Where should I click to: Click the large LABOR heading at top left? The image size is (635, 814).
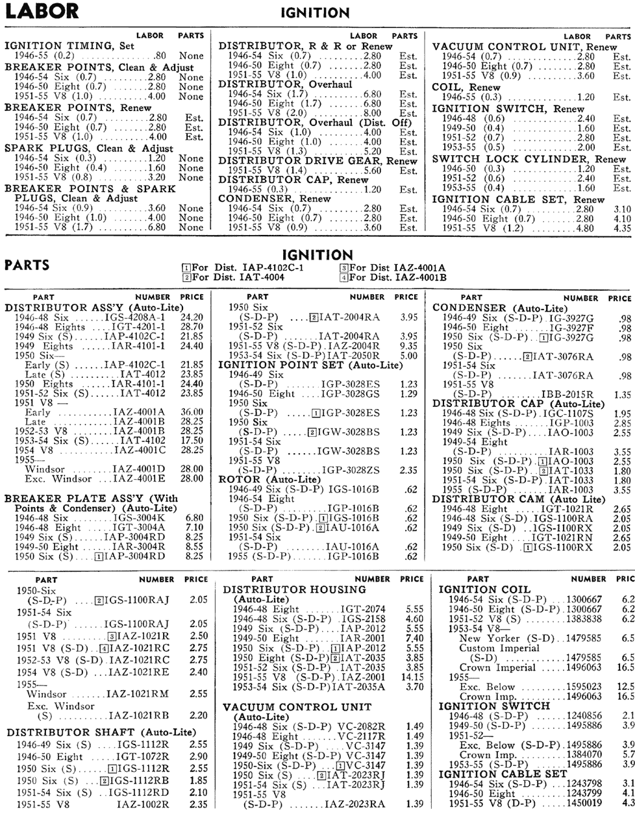coord(42,11)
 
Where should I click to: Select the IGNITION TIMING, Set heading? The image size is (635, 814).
coord(69,46)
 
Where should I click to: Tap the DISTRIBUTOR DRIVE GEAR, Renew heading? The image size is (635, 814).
coord(317,160)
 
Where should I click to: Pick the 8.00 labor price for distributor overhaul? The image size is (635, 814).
coord(372,113)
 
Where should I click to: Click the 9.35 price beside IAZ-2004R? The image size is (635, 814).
coord(408,345)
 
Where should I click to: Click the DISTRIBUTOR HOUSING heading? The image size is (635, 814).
coord(294,589)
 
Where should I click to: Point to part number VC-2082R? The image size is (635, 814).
coord(362,726)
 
